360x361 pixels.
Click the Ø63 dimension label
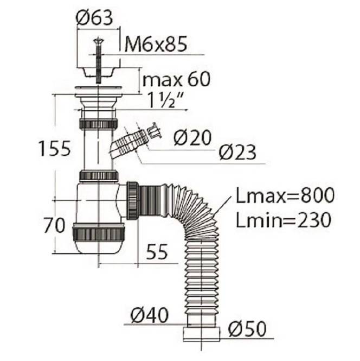click(94, 18)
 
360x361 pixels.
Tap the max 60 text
click(176, 79)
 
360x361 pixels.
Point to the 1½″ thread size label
click(165, 100)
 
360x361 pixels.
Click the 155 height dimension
click(54, 149)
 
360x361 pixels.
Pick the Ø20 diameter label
click(192, 138)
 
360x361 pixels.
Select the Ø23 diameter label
click(237, 152)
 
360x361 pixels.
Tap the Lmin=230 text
click(284, 220)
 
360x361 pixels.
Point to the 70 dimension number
click(55, 225)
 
